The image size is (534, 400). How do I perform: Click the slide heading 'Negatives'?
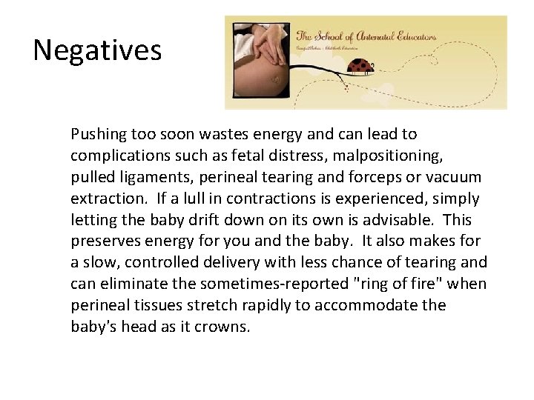[96, 50]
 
